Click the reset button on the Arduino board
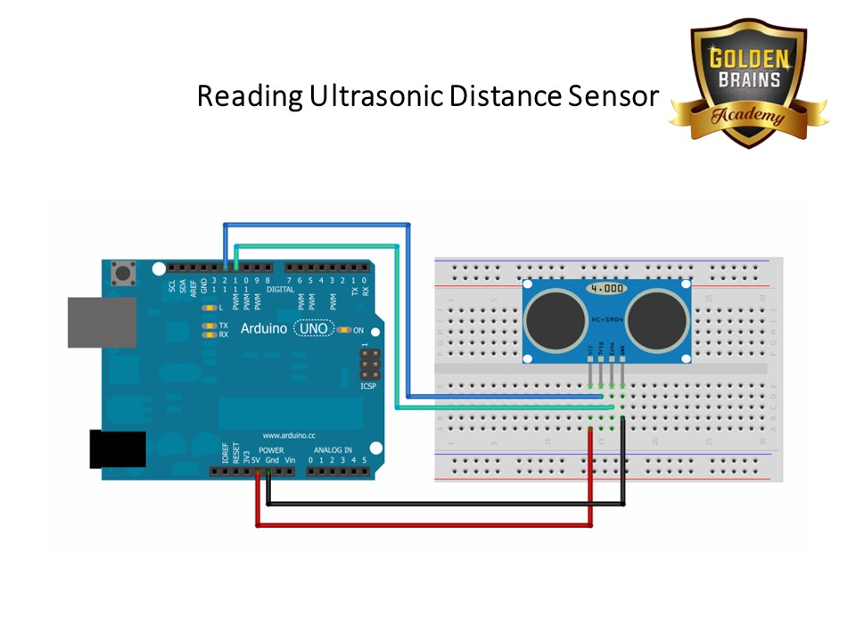click(x=121, y=273)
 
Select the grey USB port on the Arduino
click(x=101, y=322)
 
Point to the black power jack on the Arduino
click(x=117, y=449)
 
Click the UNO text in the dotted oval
click(x=313, y=329)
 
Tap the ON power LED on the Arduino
click(x=343, y=330)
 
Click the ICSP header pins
click(x=368, y=364)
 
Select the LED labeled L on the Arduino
click(x=210, y=307)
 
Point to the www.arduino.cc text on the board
click(x=289, y=436)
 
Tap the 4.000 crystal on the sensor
click(x=606, y=289)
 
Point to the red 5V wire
click(x=424, y=526)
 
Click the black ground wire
click(x=446, y=504)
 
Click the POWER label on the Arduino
click(x=271, y=450)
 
